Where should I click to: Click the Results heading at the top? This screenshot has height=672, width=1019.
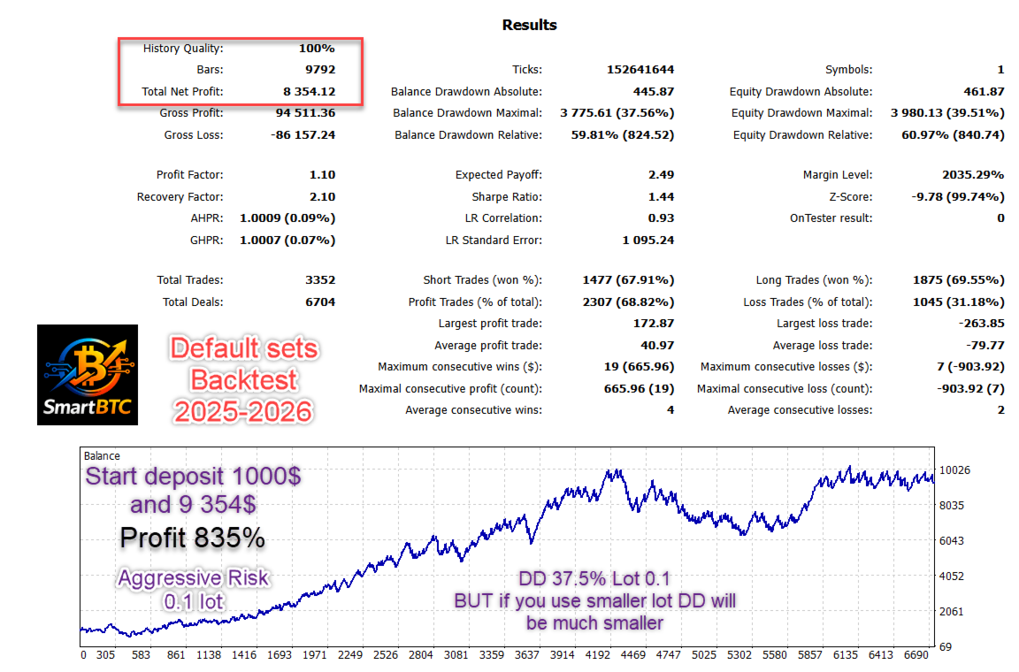pos(529,25)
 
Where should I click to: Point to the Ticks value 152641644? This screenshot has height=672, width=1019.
pos(640,70)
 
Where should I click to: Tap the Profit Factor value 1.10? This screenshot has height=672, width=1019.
pos(323,175)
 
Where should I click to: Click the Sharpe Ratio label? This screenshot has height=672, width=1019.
pos(506,197)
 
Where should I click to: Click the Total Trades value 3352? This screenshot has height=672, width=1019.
pos(319,280)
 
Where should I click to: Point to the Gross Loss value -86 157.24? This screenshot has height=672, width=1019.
pos(303,135)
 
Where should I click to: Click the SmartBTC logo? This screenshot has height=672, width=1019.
pos(88,375)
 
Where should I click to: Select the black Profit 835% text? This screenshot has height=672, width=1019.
pos(193,537)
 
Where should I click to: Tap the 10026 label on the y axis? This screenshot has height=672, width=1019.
pos(955,470)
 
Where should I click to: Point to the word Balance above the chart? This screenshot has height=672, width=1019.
pos(102,456)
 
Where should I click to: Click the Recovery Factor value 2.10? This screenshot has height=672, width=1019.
pos(323,197)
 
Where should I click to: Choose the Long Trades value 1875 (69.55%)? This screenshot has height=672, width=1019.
pos(958,280)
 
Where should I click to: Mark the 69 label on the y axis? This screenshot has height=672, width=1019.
pos(945,647)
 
